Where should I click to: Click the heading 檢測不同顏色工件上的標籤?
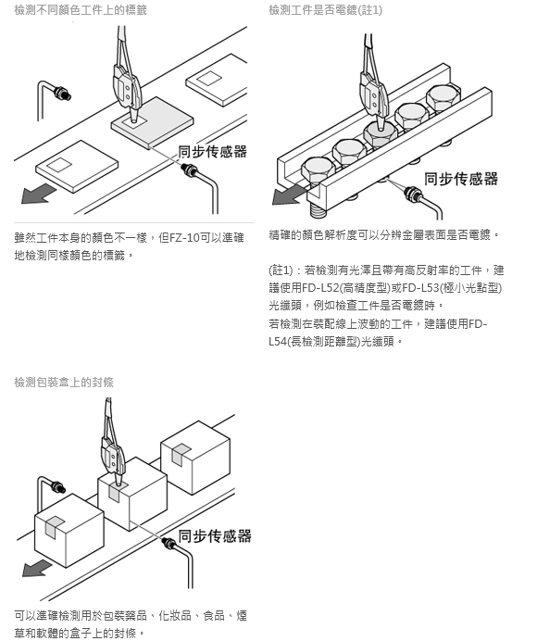point(81,9)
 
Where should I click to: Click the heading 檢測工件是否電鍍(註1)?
point(325,9)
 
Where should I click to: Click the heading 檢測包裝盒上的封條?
point(64,383)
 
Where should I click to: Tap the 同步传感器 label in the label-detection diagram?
point(213,151)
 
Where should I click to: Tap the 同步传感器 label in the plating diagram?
point(461,179)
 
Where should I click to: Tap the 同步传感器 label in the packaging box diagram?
point(215,536)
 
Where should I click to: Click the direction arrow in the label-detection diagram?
point(38,194)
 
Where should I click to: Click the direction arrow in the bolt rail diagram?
point(289,195)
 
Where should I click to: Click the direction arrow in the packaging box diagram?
point(37,568)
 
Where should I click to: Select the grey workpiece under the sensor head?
point(153,122)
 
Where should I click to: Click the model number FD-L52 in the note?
point(320,288)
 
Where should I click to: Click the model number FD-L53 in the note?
point(420,288)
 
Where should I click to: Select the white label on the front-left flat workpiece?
point(59,164)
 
